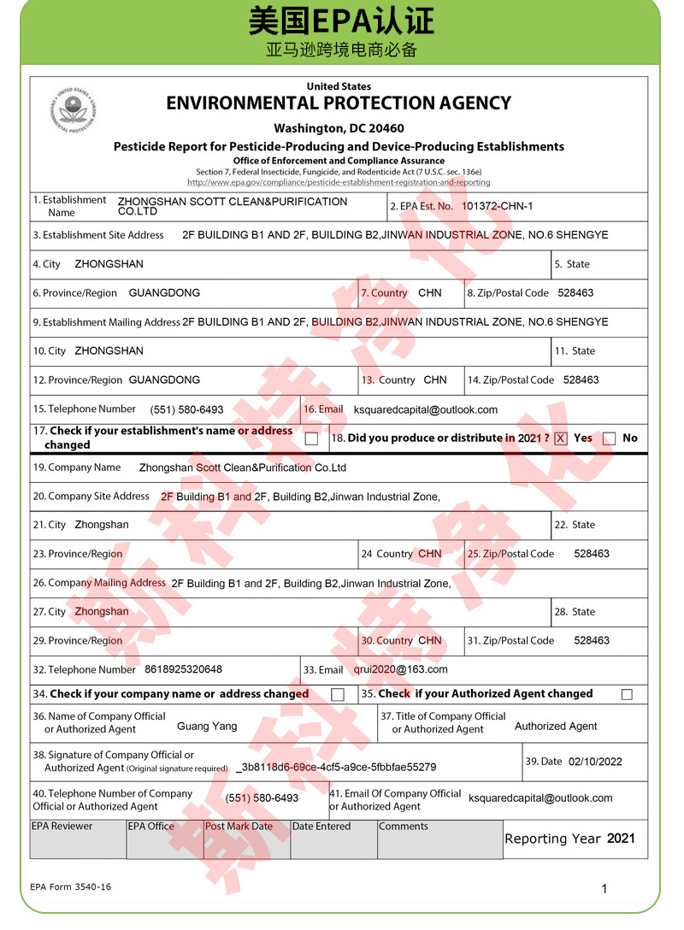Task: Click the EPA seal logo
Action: (x=75, y=111)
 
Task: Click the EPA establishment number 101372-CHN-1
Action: (x=497, y=206)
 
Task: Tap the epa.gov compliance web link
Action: (x=339, y=182)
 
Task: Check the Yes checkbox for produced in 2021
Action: (x=561, y=439)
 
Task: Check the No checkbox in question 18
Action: (x=609, y=439)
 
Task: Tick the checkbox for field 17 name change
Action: (x=311, y=439)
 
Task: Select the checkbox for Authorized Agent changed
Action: (x=627, y=694)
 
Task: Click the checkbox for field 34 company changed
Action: (x=338, y=694)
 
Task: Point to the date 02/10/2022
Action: (x=595, y=762)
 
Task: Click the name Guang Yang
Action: (x=207, y=726)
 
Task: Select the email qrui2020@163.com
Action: (x=400, y=669)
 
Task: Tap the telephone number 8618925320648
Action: (x=183, y=669)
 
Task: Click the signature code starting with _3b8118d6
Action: (x=336, y=767)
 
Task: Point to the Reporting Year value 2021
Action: (x=621, y=839)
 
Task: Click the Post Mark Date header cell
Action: (x=239, y=827)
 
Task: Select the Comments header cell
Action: (x=404, y=827)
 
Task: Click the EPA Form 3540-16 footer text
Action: (x=70, y=886)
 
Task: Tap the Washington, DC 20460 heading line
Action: (x=339, y=128)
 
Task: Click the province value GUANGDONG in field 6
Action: (x=164, y=292)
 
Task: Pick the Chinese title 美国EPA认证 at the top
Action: (x=341, y=21)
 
